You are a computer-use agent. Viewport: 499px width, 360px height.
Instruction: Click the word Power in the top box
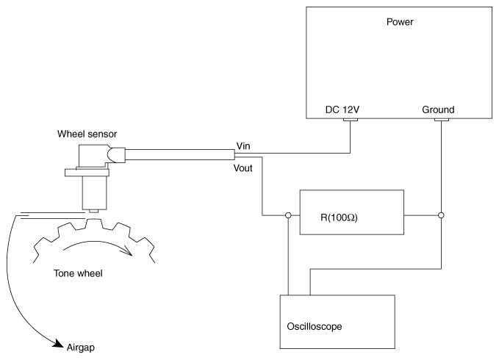click(400, 22)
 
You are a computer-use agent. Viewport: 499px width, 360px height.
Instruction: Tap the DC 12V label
click(342, 109)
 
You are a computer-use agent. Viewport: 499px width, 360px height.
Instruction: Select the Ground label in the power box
click(438, 109)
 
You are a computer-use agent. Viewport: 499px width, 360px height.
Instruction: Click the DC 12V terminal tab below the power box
click(351, 120)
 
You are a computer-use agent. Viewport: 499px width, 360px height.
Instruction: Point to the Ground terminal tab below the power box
click(442, 120)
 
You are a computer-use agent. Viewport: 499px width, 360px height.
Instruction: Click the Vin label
click(243, 146)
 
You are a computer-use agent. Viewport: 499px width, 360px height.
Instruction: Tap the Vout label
click(243, 168)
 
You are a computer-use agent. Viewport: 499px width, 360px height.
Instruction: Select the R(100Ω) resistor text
click(339, 217)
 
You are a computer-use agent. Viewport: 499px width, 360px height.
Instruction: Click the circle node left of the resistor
click(288, 215)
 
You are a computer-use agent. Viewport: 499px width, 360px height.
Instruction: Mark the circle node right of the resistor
click(441, 215)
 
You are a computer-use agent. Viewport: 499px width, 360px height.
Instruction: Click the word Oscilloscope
click(315, 327)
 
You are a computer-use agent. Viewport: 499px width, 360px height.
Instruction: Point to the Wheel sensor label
click(87, 134)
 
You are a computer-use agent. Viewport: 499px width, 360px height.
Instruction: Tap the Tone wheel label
click(78, 273)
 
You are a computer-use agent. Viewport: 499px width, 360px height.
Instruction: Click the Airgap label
click(81, 348)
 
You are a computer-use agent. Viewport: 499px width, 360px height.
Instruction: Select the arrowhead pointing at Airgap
click(58, 343)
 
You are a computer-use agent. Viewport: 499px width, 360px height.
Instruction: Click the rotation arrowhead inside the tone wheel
click(128, 251)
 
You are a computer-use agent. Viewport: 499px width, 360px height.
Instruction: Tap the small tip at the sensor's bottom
click(93, 211)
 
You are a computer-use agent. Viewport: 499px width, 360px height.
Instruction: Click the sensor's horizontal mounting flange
click(87, 173)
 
